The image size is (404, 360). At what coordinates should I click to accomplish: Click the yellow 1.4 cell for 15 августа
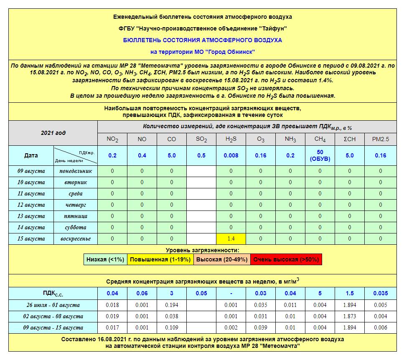(x=231, y=238)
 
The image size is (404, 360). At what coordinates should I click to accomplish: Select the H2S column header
(x=231, y=139)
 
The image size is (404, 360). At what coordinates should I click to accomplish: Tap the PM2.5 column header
(x=380, y=139)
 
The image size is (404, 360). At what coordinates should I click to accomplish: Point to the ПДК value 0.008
(x=231, y=155)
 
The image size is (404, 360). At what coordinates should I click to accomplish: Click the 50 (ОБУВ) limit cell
(x=320, y=155)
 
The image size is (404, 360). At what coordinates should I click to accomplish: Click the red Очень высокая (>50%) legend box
(x=286, y=259)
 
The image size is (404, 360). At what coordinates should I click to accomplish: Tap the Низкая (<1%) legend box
(x=105, y=259)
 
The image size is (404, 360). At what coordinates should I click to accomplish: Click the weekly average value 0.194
(x=172, y=305)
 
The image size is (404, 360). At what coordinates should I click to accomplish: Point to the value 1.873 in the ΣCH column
(x=350, y=316)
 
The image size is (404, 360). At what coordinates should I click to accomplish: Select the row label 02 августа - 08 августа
(x=53, y=316)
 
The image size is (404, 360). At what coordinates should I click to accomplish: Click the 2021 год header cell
(x=53, y=133)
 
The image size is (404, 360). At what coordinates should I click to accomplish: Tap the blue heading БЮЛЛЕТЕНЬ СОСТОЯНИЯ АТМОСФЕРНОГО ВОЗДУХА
(x=202, y=40)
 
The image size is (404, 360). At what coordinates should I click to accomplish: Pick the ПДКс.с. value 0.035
(x=380, y=293)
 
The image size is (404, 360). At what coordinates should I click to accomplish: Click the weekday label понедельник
(x=75, y=171)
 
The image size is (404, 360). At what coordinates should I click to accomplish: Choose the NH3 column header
(x=290, y=139)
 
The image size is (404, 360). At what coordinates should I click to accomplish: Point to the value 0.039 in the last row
(x=261, y=327)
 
